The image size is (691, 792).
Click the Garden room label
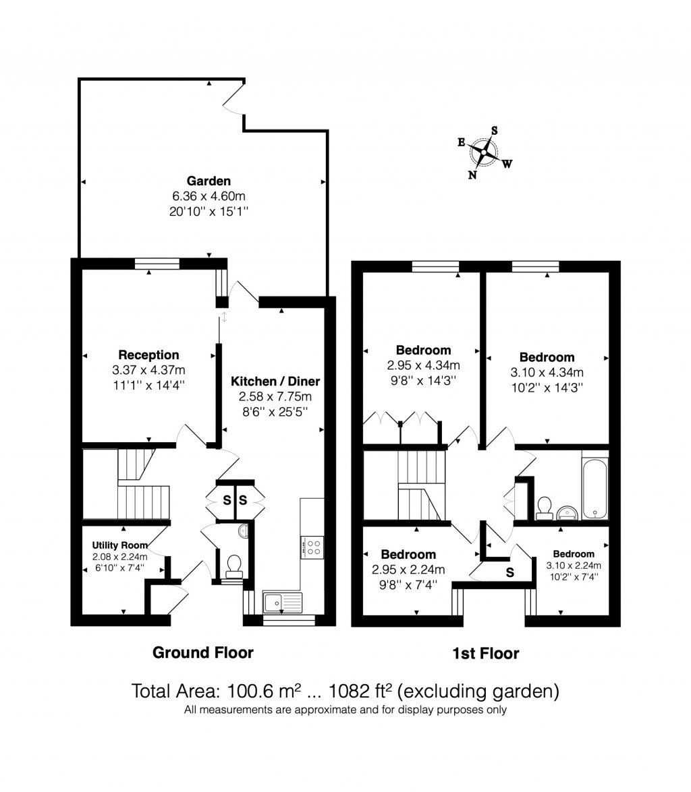click(209, 181)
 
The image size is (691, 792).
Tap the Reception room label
click(148, 355)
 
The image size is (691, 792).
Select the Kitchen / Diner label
click(275, 381)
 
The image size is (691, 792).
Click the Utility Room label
click(120, 545)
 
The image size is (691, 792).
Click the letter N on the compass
click(472, 175)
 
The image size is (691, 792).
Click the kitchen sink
click(282, 600)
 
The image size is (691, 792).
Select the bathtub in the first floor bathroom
click(595, 487)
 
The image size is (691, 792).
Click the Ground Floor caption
click(203, 652)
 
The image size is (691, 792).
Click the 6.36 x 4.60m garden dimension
click(209, 196)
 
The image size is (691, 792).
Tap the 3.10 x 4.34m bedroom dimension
click(547, 372)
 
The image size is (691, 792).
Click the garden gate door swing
click(233, 100)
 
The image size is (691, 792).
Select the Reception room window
click(157, 264)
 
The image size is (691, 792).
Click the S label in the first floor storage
click(509, 573)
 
